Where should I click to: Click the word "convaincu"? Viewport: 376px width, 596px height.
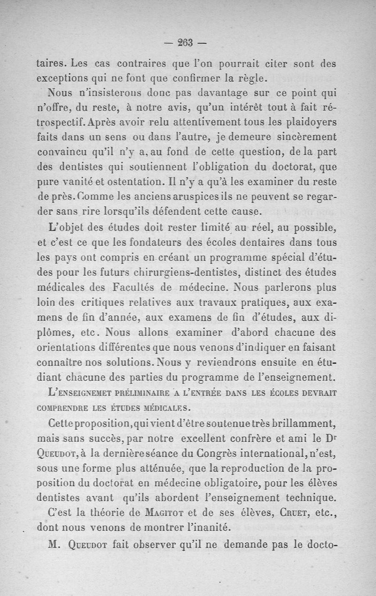(x=62, y=153)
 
